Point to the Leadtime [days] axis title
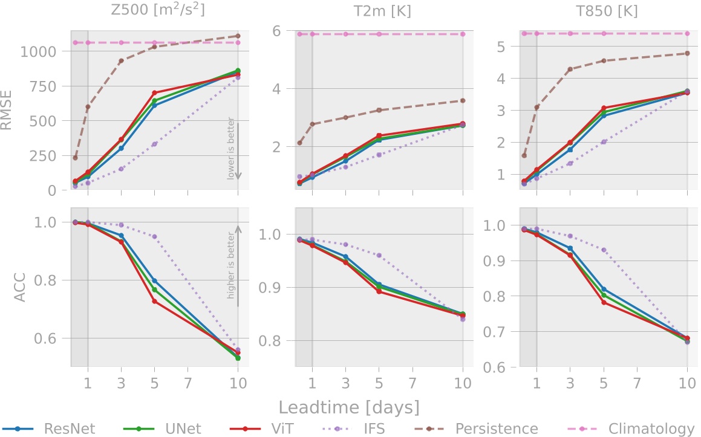[x=349, y=406]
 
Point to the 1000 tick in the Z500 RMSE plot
[x=42, y=51]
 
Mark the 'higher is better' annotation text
[x=230, y=266]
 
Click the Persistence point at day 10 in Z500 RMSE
[x=238, y=36]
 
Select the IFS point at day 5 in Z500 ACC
[x=154, y=237]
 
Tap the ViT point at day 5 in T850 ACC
[x=604, y=302]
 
